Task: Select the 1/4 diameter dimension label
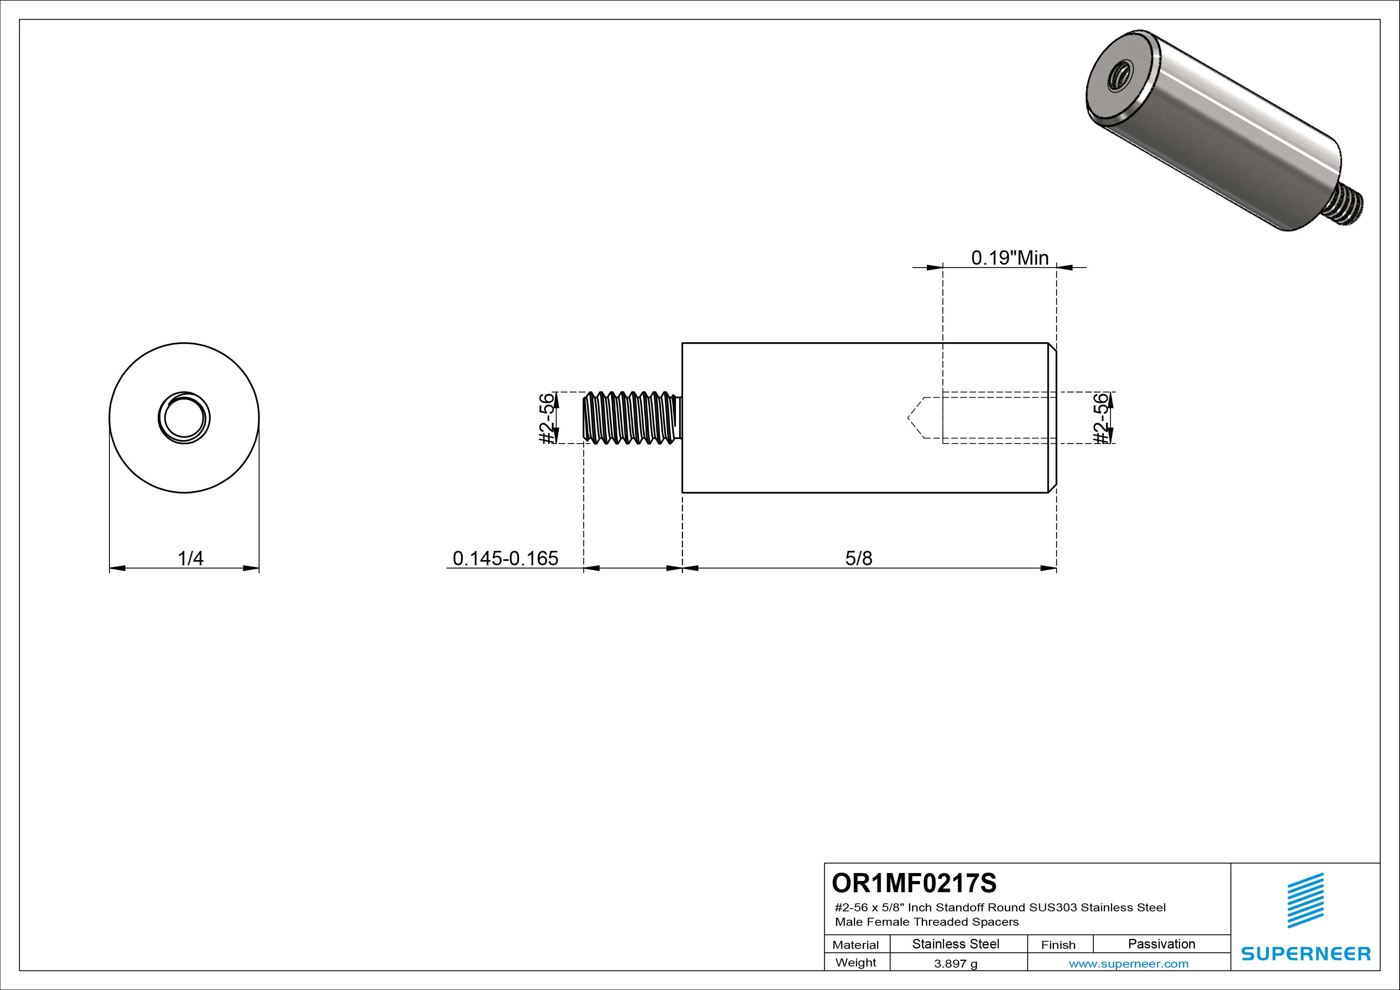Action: [190, 558]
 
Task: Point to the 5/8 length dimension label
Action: [859, 558]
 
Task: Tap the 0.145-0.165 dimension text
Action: [505, 558]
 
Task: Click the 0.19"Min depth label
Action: [1010, 258]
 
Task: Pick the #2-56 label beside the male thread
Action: [548, 418]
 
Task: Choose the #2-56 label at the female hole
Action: [1101, 418]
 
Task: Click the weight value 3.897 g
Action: [955, 964]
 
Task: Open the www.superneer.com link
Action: [1129, 964]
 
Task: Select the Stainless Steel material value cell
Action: [955, 944]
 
